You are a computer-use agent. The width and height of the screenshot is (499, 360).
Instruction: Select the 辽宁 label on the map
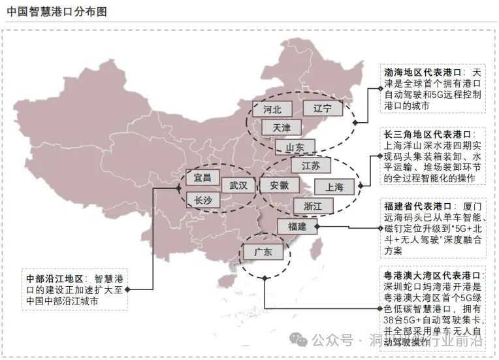click(323, 108)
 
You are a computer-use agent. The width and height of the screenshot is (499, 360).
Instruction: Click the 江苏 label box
click(311, 166)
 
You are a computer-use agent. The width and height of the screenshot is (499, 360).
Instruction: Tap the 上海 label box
click(334, 186)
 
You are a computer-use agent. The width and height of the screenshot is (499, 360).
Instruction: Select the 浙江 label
click(312, 205)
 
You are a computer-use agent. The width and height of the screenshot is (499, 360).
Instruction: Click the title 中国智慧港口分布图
click(57, 12)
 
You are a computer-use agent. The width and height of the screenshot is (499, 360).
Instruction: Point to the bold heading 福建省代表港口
click(418, 205)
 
